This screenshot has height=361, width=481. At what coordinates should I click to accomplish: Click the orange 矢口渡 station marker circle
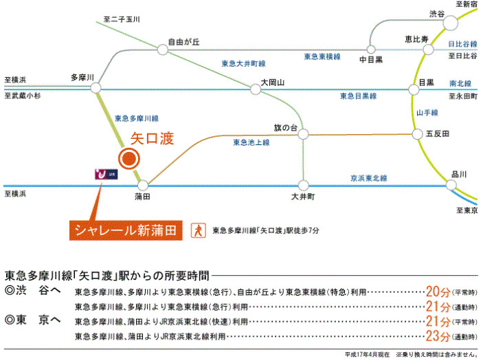pyautogui.click(x=129, y=159)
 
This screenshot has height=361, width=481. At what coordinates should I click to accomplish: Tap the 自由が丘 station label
pyautogui.click(x=183, y=42)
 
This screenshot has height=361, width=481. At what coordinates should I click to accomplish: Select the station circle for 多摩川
pyautogui.click(x=96, y=87)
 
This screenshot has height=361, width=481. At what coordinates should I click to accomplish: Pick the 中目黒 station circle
pyautogui.click(x=371, y=49)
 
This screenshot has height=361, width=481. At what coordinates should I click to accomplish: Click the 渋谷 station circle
pyautogui.click(x=450, y=23)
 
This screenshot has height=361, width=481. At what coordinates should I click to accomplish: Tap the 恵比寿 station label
pyautogui.click(x=417, y=38)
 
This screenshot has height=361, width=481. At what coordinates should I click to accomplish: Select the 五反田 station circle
pyautogui.click(x=417, y=133)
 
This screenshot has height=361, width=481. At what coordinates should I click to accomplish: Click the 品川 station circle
pyautogui.click(x=451, y=184)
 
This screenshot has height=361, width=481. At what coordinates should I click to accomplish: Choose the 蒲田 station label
pyautogui.click(x=143, y=197)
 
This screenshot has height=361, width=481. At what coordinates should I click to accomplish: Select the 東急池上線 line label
pyautogui.click(x=251, y=143)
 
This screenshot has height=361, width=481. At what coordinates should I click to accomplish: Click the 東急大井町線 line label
pyautogui.click(x=243, y=64)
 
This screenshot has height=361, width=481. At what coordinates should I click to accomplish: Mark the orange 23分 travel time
pyautogui.click(x=438, y=336)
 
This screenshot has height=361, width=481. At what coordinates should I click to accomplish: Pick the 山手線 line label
pyautogui.click(x=427, y=111)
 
